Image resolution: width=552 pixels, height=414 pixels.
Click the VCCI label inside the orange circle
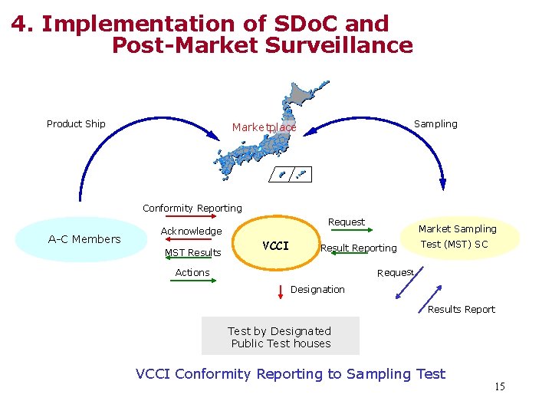(x=275, y=246)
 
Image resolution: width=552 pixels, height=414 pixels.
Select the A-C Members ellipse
(x=84, y=239)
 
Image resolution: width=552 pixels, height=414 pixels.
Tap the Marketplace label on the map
(x=264, y=127)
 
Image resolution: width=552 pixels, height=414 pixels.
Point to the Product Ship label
(x=76, y=123)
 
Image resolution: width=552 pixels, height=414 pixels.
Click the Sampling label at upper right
(x=435, y=123)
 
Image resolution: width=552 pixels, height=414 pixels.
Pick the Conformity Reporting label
(x=192, y=208)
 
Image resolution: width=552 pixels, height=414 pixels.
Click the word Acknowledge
(x=191, y=231)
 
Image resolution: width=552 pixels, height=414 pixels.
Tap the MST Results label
(x=193, y=252)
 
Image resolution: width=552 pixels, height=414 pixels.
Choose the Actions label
(x=192, y=272)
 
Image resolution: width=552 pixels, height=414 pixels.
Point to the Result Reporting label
(x=358, y=248)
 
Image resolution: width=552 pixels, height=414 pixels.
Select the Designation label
(x=317, y=289)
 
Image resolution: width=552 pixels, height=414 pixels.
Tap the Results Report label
(x=461, y=309)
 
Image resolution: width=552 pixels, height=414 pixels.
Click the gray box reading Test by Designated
(x=280, y=337)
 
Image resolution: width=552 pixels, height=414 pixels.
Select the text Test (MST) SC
(x=455, y=245)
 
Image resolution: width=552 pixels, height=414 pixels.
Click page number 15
(x=499, y=386)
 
